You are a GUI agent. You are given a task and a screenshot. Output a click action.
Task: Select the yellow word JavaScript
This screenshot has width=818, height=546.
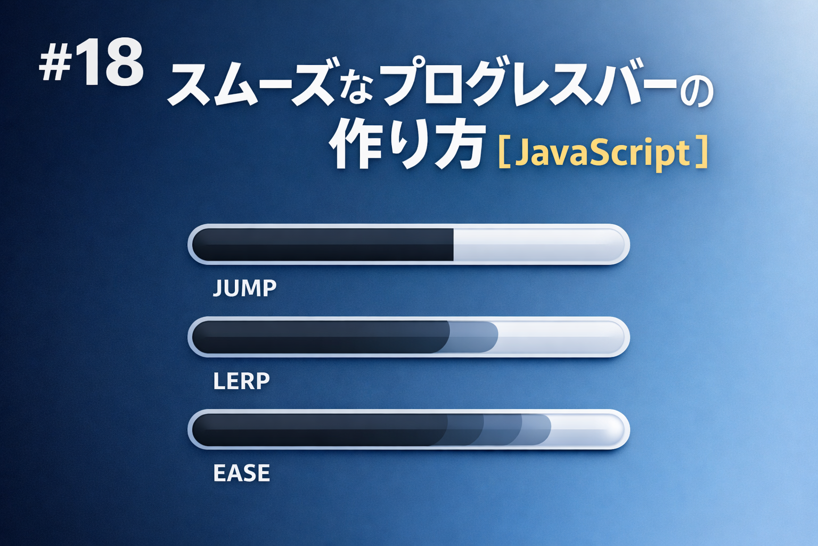(x=602, y=153)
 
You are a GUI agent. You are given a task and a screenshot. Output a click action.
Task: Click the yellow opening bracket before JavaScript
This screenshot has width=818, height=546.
(x=503, y=154)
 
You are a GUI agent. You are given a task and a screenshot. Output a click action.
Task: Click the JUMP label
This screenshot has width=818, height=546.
(x=244, y=288)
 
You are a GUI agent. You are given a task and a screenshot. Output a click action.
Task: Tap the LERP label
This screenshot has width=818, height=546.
(x=241, y=381)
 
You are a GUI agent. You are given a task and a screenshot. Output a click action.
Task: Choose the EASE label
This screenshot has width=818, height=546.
(x=241, y=473)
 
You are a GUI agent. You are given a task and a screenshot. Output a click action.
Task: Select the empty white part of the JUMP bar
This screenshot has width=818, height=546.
(x=538, y=245)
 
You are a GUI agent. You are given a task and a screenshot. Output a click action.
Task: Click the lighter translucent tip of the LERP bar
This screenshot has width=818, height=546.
(x=474, y=337)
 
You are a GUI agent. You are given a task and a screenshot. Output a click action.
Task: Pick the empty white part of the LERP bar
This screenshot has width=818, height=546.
(x=559, y=337)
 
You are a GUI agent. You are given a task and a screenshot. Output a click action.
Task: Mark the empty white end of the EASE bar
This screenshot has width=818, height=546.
(x=586, y=430)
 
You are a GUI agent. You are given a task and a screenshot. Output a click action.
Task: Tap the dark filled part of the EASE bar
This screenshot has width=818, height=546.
(x=320, y=430)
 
